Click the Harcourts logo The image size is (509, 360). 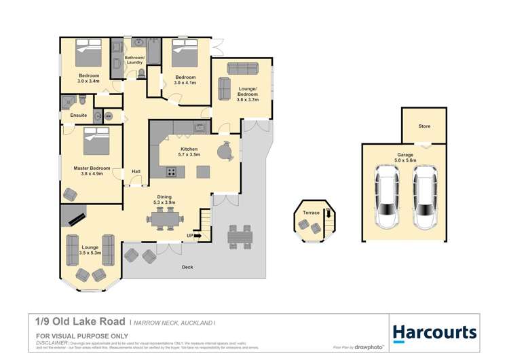434,332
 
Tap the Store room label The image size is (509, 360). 424,126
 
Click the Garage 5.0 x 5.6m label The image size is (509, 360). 405,158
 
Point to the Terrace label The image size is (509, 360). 311,213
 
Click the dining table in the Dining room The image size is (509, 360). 165,218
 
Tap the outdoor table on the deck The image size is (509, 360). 240,236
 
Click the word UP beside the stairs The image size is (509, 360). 190,236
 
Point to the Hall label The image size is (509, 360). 136,171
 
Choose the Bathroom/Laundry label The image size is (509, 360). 134,60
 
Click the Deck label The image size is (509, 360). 187,267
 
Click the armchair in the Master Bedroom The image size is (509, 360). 71,195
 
